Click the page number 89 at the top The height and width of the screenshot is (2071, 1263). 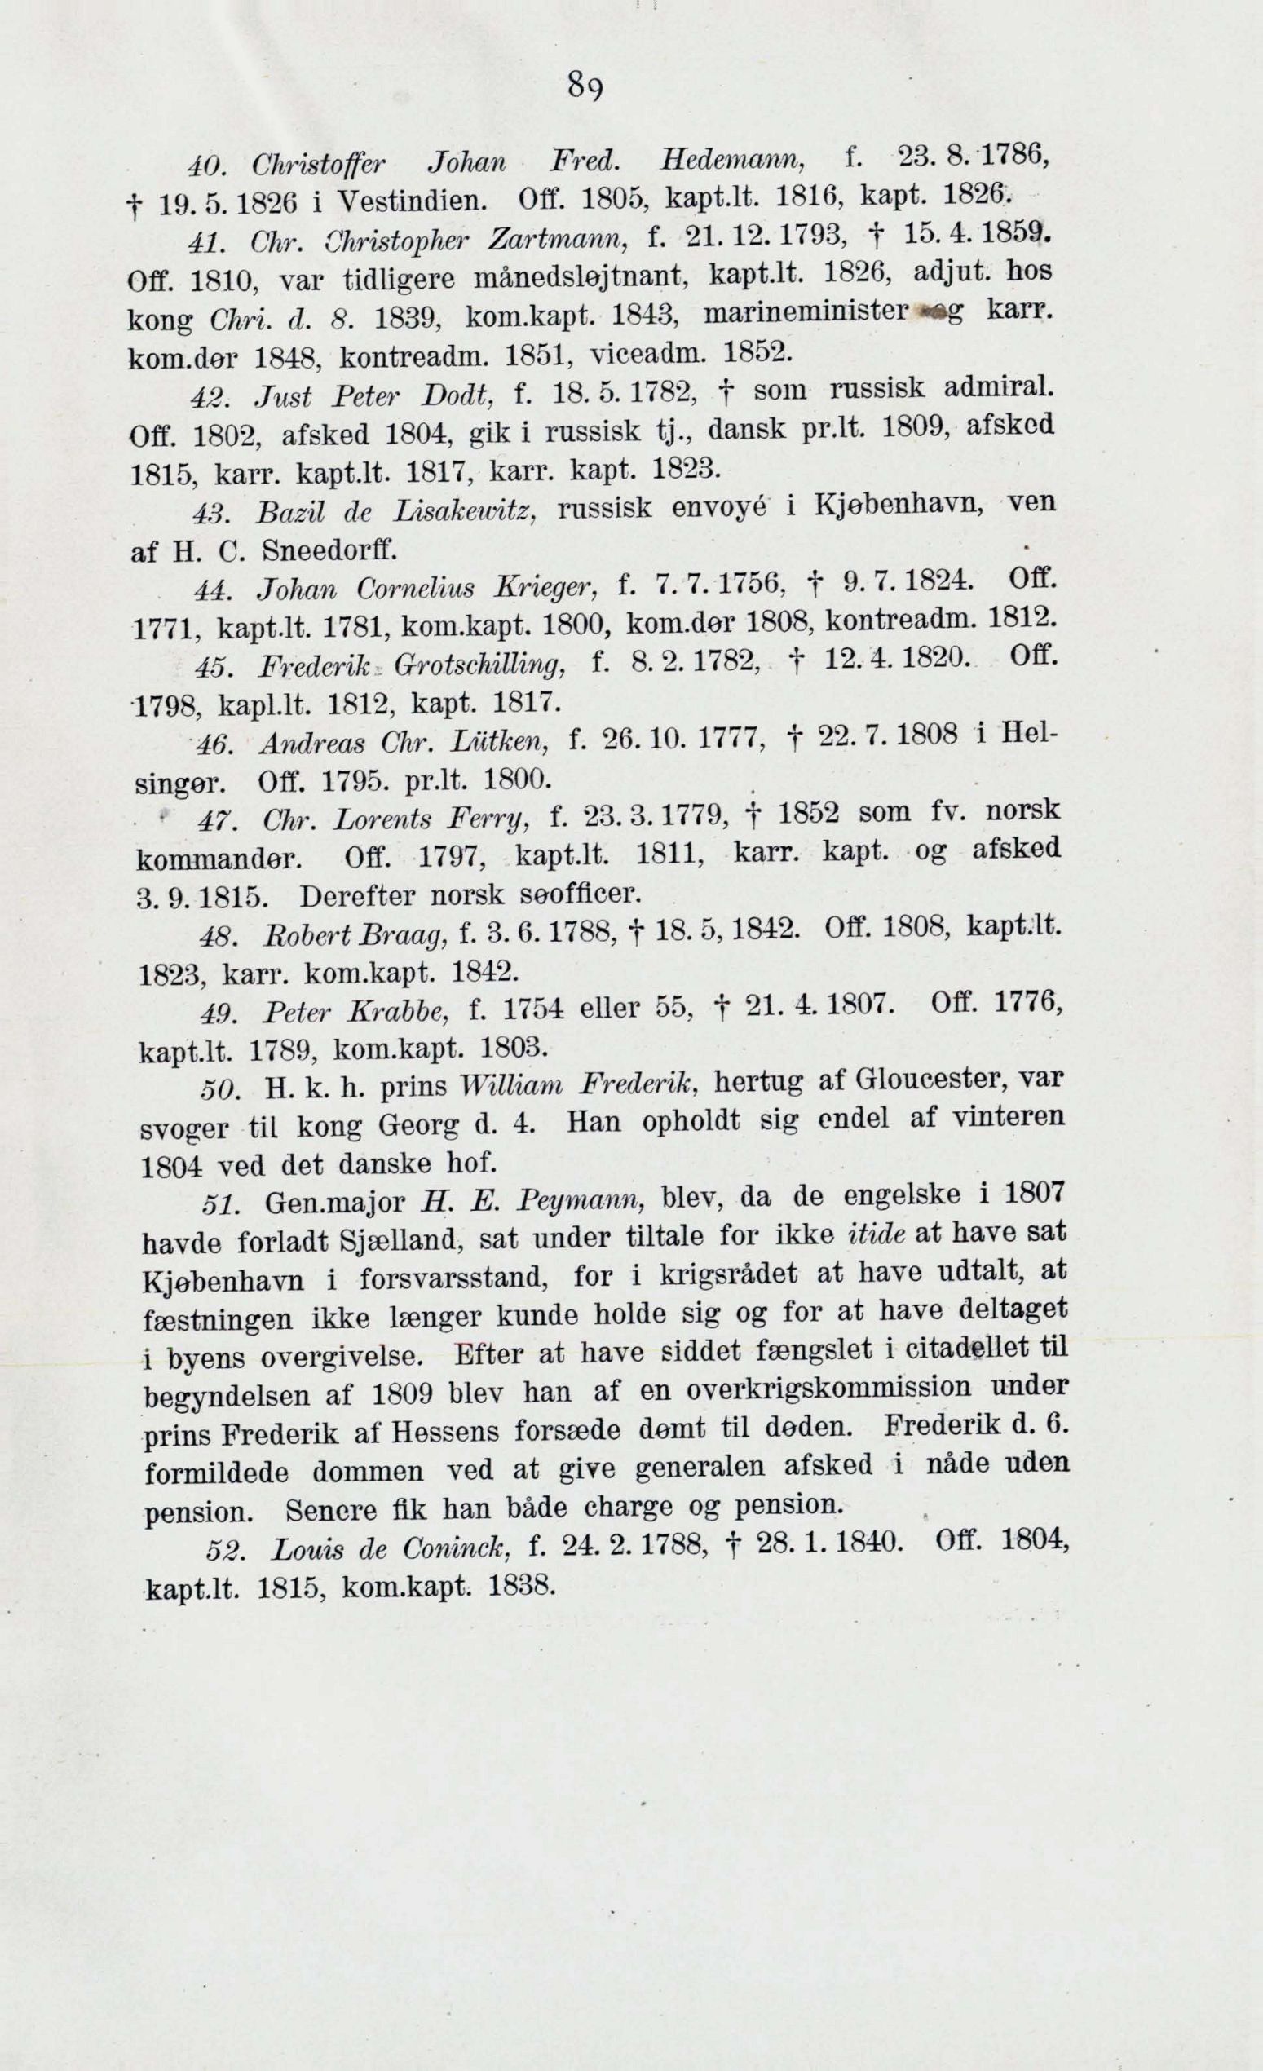click(585, 86)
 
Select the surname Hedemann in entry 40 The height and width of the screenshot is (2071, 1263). click(734, 154)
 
